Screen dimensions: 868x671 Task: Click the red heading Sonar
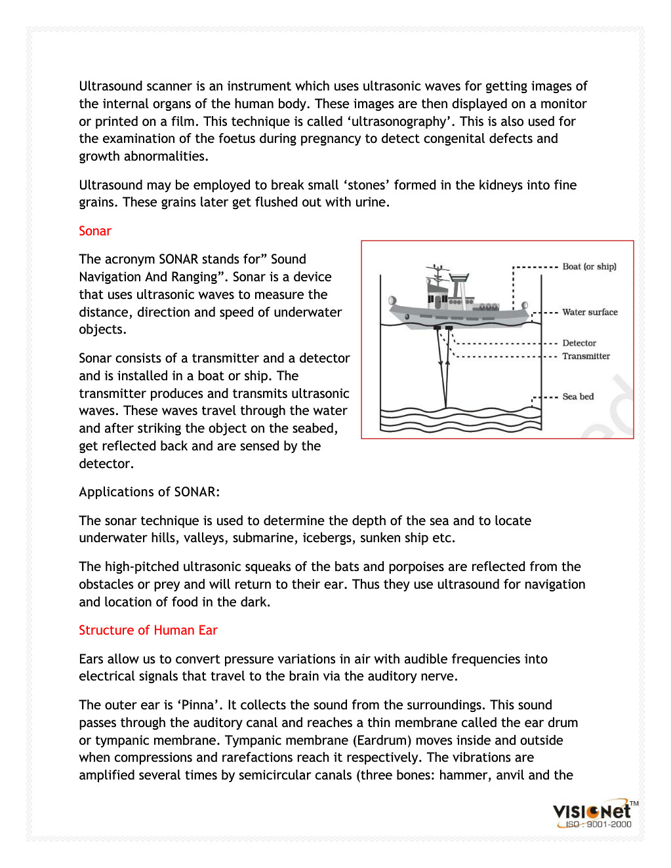point(95,231)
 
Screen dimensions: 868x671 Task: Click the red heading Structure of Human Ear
point(148,630)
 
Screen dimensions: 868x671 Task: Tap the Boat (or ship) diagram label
point(589,267)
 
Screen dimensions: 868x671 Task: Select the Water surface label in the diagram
point(590,312)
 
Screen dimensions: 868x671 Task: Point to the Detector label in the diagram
point(579,343)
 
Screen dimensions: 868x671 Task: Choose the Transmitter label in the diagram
point(586,356)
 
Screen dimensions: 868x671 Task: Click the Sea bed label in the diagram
point(578,397)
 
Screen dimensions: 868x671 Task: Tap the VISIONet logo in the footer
point(592,812)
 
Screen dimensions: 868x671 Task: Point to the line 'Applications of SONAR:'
point(150,492)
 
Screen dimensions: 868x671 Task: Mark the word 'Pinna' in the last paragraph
point(198,705)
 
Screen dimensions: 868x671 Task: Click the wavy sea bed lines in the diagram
point(460,420)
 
